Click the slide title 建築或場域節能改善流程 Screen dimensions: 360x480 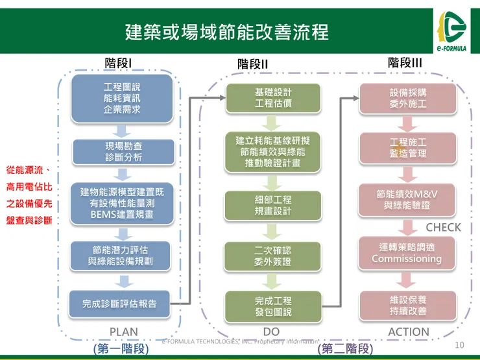tap(227, 32)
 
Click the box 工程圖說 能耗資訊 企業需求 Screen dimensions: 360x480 tap(122, 98)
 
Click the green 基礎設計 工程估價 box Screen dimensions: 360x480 tap(273, 98)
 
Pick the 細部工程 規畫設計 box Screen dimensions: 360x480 tap(273, 205)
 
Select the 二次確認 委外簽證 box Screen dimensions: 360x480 tap(273, 256)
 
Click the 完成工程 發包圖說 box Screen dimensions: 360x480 tap(273, 306)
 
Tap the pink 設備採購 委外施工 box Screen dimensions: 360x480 tap(408, 98)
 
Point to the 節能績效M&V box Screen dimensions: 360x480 tap(408, 199)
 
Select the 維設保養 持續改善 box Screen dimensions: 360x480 tap(408, 306)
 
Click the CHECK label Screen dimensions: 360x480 tap(443, 227)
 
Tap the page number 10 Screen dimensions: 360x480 tap(460, 344)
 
